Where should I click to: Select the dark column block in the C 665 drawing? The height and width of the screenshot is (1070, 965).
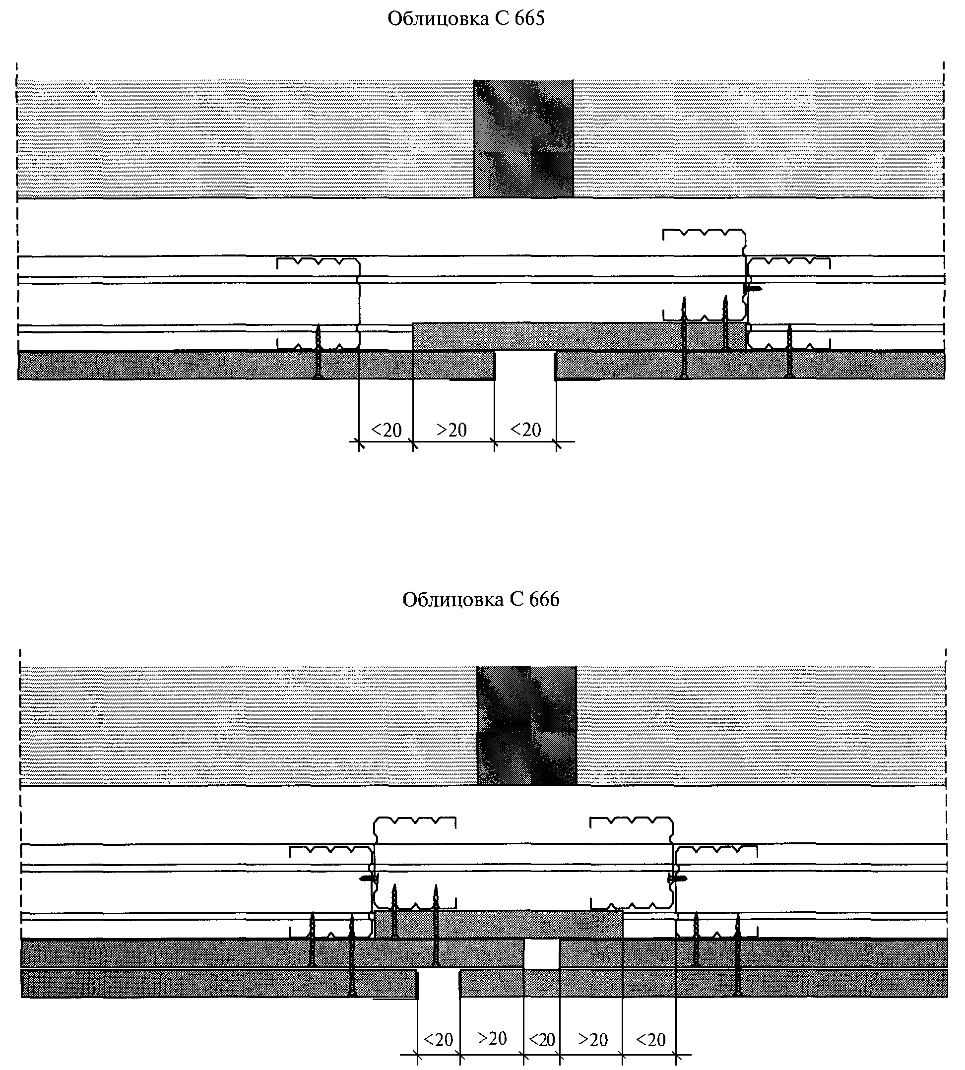pos(523,139)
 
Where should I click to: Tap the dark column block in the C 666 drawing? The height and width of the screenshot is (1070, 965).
pos(526,725)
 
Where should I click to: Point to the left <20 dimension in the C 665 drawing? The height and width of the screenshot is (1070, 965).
pos(386,430)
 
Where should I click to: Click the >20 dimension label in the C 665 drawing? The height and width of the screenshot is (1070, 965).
pos(452,430)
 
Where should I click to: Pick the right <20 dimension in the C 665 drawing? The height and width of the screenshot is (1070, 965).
pos(525,430)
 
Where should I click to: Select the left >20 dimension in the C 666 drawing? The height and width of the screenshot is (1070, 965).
pos(492,1038)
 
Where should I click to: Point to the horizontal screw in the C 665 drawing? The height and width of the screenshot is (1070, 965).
pos(753,288)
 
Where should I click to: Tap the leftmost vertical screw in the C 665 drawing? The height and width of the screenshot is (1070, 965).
pos(318,351)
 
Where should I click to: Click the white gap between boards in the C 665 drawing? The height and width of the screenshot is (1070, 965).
pos(525,365)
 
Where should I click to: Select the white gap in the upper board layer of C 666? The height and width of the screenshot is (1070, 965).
pos(541,953)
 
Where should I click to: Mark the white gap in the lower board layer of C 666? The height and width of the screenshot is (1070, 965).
pos(439,984)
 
